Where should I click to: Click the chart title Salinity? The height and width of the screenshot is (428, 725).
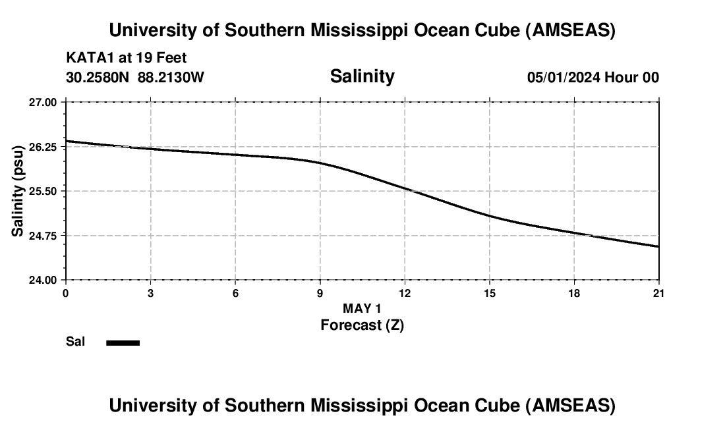pos(362,76)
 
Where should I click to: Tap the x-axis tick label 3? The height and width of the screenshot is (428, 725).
pos(150,293)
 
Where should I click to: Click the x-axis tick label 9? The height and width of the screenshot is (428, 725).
pos(320,293)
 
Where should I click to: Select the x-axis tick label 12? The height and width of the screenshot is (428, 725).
pos(405,293)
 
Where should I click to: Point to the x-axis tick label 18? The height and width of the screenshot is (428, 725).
pos(574,293)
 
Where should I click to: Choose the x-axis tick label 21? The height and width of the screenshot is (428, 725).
pos(658,293)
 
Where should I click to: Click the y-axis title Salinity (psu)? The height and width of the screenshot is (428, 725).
pos(18,191)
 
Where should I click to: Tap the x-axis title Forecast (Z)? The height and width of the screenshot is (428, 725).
pos(362,325)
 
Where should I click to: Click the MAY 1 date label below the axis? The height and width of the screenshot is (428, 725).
pos(362,308)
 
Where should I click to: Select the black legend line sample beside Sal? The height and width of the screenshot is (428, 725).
pos(123,342)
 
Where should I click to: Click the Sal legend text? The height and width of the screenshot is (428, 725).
pos(75,342)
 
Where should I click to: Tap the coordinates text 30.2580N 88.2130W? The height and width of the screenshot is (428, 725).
pos(135,77)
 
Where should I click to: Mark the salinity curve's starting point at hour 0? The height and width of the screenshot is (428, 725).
pos(66,141)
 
